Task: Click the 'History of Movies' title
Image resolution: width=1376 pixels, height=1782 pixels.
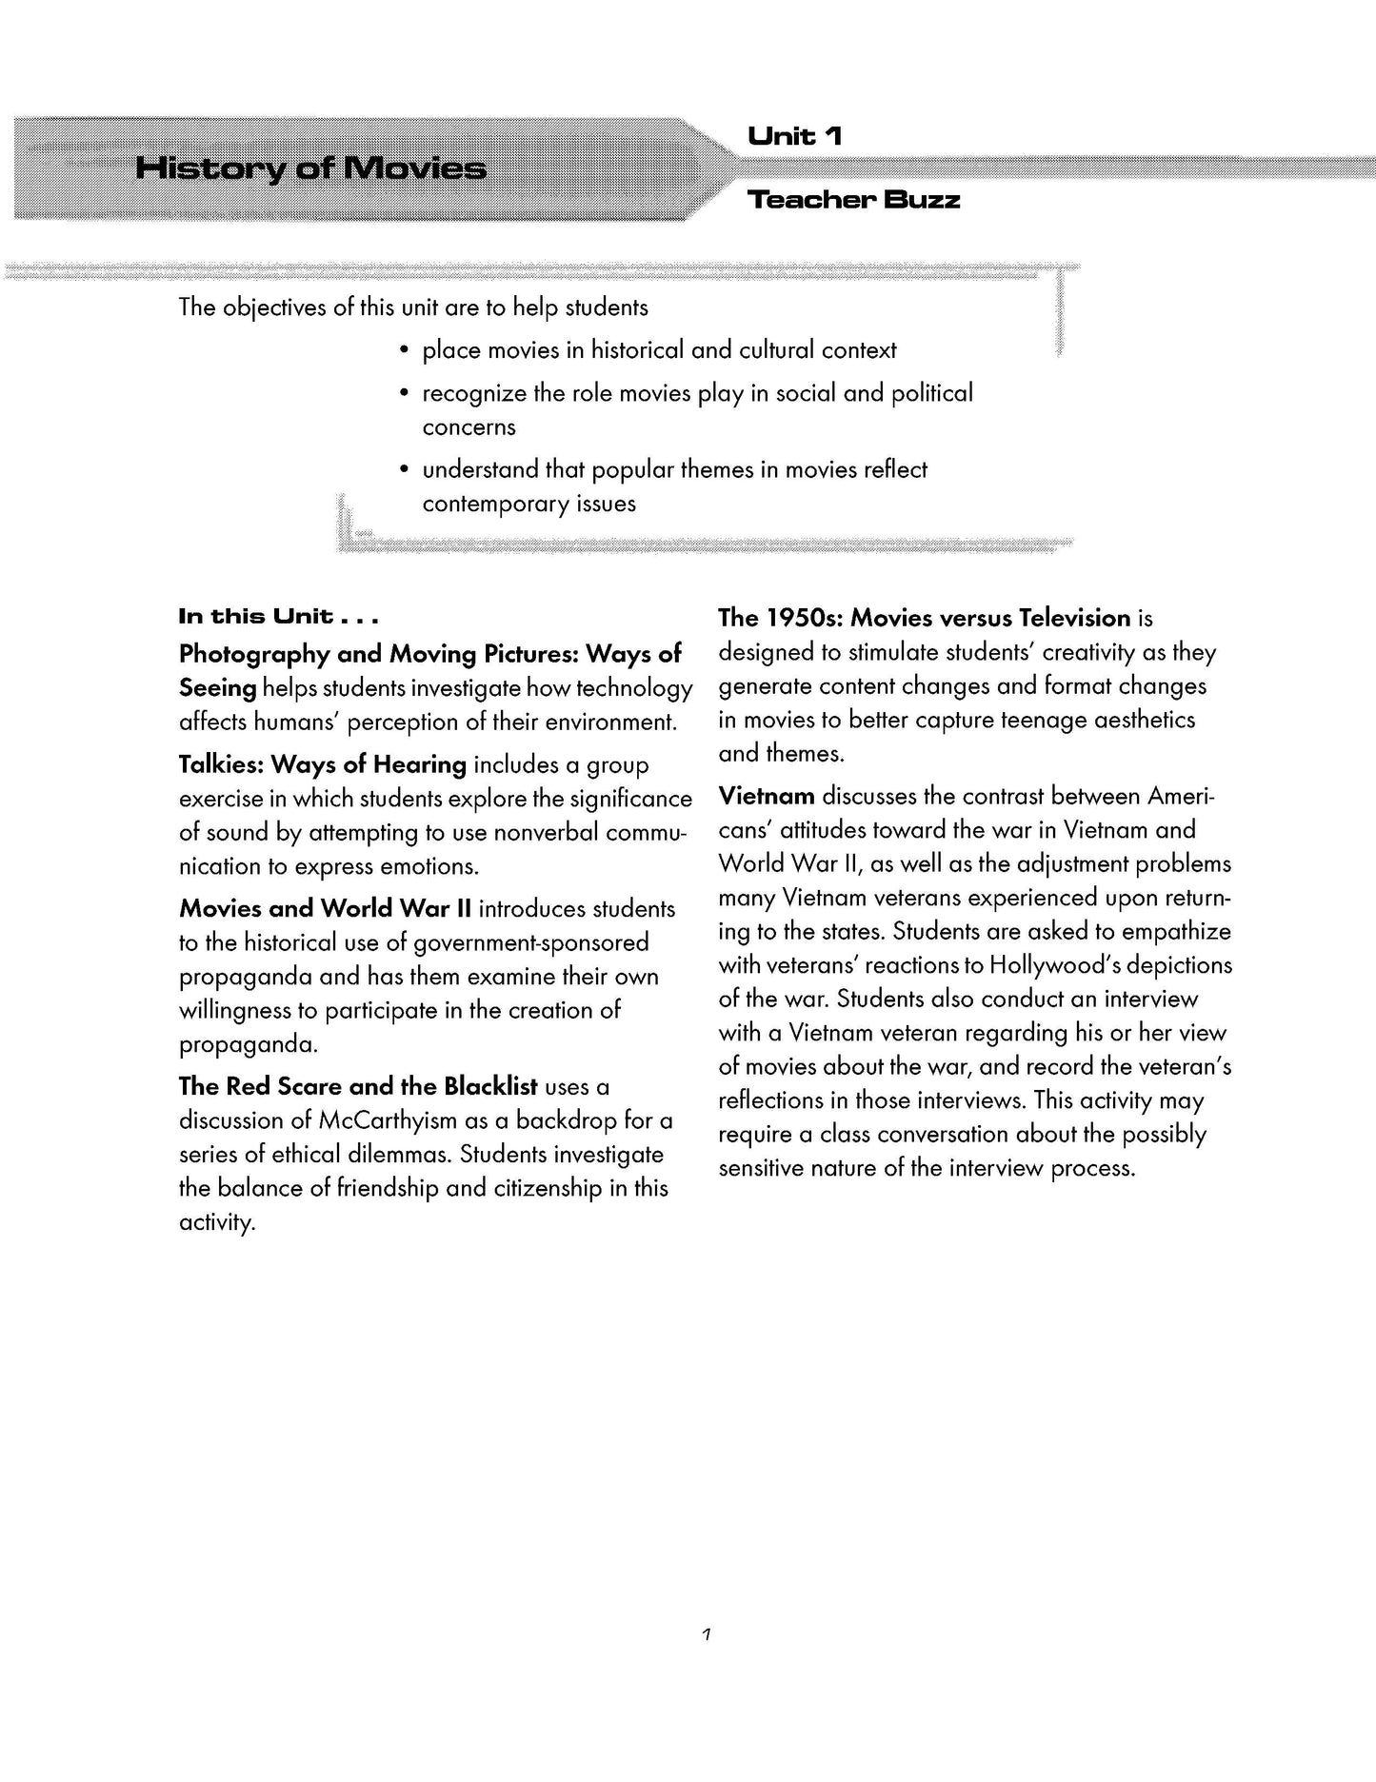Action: click(x=310, y=169)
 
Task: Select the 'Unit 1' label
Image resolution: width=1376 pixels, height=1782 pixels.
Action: click(x=795, y=137)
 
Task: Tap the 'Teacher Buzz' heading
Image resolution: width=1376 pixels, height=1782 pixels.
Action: click(x=853, y=200)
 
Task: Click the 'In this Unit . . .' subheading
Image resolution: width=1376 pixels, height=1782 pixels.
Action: click(x=279, y=617)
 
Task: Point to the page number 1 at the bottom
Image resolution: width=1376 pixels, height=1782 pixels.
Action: click(x=706, y=1635)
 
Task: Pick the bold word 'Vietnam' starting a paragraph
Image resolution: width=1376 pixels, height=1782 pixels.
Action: click(x=767, y=796)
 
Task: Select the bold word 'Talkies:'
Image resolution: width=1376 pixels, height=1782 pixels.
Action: click(x=221, y=764)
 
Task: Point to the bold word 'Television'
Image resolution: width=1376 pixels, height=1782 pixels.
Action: click(x=1074, y=618)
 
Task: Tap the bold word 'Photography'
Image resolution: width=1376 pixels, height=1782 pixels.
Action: click(x=255, y=654)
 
